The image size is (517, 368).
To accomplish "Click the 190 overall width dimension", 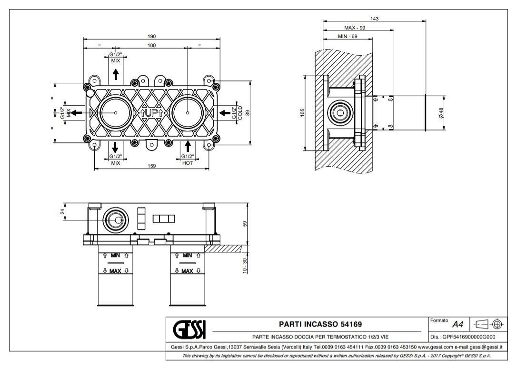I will point(151,36).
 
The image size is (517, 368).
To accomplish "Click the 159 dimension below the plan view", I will point(151,166).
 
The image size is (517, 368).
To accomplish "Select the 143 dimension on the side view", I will point(374,19).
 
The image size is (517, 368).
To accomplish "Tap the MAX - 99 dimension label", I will point(355,28).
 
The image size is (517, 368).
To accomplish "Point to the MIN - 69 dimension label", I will point(348,37).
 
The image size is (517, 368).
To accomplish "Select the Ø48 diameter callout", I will point(441,113).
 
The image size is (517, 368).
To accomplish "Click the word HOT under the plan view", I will point(188,163).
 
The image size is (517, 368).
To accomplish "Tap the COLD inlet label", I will point(240,113).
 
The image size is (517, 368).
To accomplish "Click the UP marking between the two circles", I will point(151,113).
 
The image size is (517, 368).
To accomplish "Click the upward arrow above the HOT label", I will point(188,146).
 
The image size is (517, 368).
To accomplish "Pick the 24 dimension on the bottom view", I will point(62,212).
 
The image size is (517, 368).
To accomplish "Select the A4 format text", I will point(457,325).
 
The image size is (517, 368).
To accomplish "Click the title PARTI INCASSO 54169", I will point(320,324).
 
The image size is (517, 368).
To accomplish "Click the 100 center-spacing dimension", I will point(151,45).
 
